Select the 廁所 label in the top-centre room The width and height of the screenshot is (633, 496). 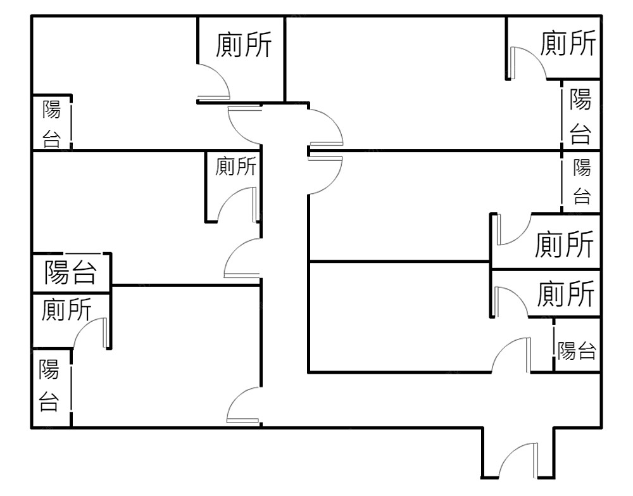click(243, 45)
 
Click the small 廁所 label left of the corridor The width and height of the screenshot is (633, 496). click(235, 167)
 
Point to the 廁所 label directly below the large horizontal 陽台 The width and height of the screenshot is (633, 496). click(66, 310)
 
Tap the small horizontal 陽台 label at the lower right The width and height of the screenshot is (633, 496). click(577, 350)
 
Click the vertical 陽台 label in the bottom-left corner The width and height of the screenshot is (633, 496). click(49, 385)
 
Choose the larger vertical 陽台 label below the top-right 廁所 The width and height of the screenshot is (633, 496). click(580, 117)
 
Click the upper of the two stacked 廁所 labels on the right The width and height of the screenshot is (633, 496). click(565, 245)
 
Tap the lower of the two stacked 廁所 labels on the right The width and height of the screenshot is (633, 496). click(567, 293)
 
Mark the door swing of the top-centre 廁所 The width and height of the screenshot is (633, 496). click(214, 83)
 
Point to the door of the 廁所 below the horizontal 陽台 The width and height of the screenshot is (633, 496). click(91, 333)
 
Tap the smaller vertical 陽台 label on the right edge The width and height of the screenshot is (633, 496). click(582, 182)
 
